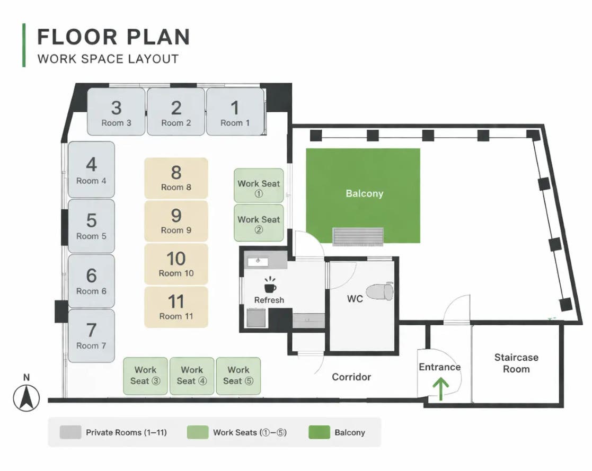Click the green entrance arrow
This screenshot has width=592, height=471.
pos(440,389)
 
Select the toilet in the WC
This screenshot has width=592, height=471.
pos(379,291)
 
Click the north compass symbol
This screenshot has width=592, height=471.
pos(26,398)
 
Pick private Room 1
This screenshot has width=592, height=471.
pos(235,112)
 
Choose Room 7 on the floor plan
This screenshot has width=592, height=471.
pos(91,336)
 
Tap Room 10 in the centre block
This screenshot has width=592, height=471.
pos(176,264)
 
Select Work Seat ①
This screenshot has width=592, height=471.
pos(259,185)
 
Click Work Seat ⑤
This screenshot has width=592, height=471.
pos(238,376)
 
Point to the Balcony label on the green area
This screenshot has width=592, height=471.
pos(364,193)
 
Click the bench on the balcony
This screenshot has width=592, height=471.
pos(358,236)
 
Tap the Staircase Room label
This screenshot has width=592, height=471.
pos(516,363)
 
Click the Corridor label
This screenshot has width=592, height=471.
pos(351,377)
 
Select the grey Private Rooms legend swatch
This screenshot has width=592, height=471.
pos(70,432)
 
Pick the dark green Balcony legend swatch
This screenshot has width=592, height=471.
pos(319,432)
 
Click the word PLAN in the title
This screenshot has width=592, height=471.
pos(158,37)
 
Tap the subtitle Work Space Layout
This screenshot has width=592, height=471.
pos(108,59)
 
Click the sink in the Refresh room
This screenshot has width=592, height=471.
pos(258,261)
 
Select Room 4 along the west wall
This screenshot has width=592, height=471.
pos(91,170)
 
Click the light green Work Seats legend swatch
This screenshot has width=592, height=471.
pos(198,432)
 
